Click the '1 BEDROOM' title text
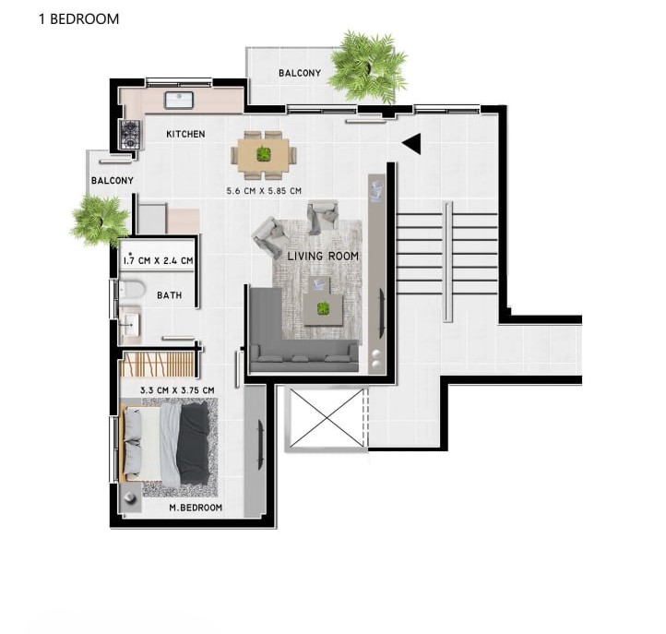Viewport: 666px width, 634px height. point(78,19)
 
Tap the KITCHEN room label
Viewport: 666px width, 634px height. point(185,135)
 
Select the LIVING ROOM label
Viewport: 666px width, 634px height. point(323,257)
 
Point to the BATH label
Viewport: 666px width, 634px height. point(170,295)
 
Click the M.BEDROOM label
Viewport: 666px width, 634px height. point(196,508)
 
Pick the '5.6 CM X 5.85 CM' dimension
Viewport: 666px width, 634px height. point(264,191)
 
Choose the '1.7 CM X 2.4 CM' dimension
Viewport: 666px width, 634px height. point(158,260)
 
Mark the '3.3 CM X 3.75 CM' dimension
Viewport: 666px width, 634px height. point(177,390)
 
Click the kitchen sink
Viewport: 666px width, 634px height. point(179,101)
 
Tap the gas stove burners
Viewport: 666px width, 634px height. point(130,135)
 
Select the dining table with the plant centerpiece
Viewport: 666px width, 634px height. point(264,155)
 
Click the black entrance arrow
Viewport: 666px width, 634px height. point(411,144)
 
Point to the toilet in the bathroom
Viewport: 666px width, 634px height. point(132,290)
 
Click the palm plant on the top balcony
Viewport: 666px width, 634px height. point(368,66)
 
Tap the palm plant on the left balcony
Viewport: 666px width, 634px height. point(100,221)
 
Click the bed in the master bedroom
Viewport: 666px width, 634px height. point(166,444)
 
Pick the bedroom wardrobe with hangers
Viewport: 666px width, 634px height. point(159,365)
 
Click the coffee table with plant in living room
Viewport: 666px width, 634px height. point(323,309)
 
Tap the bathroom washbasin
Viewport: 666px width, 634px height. point(130,325)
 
